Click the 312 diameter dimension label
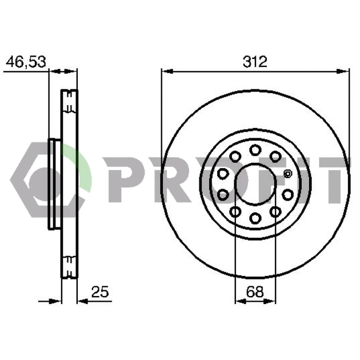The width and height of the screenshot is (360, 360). [x=255, y=62]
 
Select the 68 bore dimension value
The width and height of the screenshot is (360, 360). [x=255, y=292]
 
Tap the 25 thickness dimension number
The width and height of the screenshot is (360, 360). [x=100, y=291]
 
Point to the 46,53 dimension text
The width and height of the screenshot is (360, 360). [x=26, y=62]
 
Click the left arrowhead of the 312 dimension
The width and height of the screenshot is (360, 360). [x=167, y=71]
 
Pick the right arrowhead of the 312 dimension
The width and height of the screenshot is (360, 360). [x=343, y=71]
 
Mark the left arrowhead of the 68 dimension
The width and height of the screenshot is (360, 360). [x=241, y=301]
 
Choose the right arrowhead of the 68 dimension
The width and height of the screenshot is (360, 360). [x=270, y=301]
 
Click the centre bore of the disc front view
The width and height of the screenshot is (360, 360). [x=255, y=183]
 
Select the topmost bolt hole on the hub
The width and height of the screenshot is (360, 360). [x=255, y=150]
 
